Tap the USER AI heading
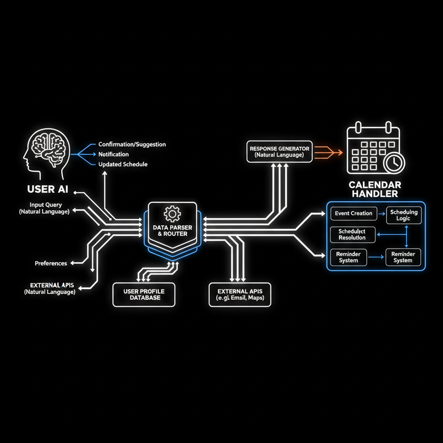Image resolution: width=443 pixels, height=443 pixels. point(48,189)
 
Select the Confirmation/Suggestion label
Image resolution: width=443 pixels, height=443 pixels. point(132,144)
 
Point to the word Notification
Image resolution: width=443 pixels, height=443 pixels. point(113,154)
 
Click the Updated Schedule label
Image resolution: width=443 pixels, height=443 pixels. point(123,164)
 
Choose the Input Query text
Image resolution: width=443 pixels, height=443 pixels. point(46,205)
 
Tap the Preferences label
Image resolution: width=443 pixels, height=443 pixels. point(51,263)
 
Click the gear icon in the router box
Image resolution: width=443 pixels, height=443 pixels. point(172,213)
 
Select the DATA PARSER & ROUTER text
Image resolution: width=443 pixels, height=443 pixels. point(172,231)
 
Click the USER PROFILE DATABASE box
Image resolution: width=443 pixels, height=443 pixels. point(144,295)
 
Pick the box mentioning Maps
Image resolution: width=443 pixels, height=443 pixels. point(240,295)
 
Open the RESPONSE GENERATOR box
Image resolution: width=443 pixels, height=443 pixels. point(279,151)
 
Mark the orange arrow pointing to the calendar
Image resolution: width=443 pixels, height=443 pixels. point(328,152)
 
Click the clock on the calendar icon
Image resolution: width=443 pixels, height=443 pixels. point(394,163)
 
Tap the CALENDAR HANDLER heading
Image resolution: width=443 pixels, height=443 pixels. point(375,189)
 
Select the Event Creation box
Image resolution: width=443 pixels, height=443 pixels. point(353,213)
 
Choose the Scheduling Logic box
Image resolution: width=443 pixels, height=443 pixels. point(403,215)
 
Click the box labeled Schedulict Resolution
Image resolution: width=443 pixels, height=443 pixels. point(352,234)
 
